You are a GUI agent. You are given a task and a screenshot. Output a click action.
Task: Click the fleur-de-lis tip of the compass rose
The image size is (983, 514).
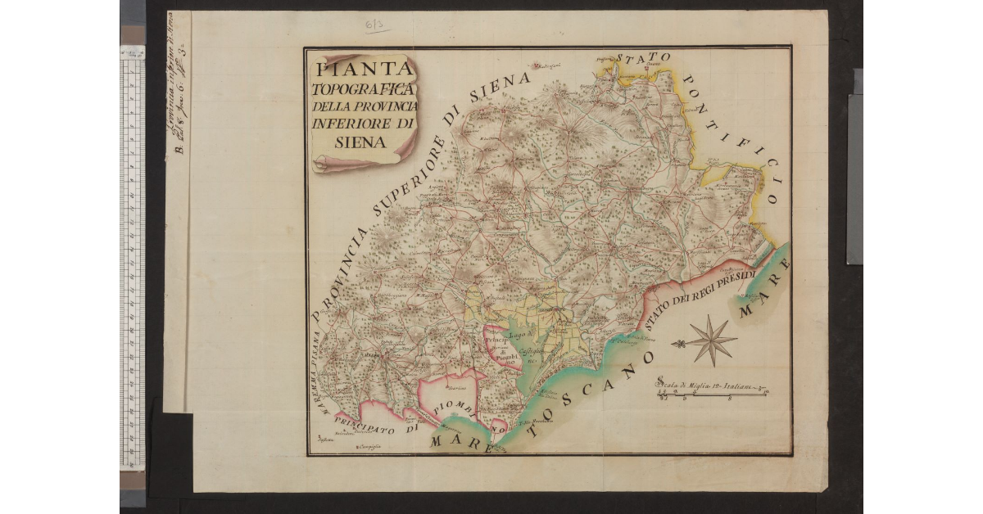tap(677, 343)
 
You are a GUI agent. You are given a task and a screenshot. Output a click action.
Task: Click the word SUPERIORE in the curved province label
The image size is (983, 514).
tap(403, 188)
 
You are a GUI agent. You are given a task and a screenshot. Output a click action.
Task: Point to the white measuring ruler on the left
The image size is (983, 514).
tap(132, 262)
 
